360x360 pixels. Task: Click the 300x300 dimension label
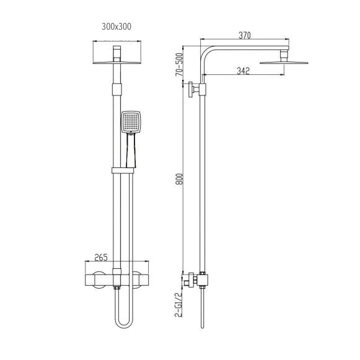[x=116, y=26]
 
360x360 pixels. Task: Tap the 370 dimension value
[x=244, y=36]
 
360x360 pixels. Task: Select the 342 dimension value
[x=242, y=71]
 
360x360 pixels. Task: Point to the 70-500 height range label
[x=179, y=64]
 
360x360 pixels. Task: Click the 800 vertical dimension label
[x=179, y=183]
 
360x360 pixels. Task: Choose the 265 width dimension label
[x=102, y=257]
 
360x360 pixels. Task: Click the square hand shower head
[x=131, y=122]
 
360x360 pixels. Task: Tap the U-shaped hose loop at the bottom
[x=123, y=320]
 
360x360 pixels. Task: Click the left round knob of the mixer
[x=98, y=280]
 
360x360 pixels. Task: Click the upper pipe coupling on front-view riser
[x=116, y=88]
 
